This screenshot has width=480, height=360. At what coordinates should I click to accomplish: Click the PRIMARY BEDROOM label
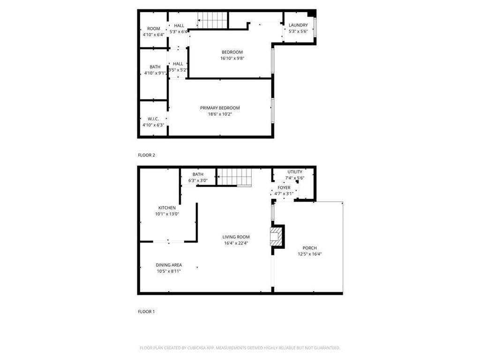[x=220, y=108]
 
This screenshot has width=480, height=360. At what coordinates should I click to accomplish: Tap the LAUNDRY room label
[x=298, y=25]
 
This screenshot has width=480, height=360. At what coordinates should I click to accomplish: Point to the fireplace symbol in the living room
[x=277, y=237]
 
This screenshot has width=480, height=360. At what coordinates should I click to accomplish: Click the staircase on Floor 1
[x=234, y=178]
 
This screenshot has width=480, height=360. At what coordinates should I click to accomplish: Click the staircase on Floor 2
[x=212, y=20]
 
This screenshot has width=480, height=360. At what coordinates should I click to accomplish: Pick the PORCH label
[x=309, y=248]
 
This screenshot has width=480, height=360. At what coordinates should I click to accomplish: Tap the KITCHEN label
[x=167, y=208]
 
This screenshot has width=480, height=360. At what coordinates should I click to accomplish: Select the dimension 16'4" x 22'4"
[x=236, y=243]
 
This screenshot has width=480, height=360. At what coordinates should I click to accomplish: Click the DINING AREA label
[x=169, y=265]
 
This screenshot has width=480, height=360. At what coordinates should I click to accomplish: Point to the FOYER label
[x=284, y=187]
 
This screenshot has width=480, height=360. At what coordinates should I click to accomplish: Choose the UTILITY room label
[x=295, y=172]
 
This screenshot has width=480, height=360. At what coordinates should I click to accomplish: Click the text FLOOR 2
[x=146, y=155]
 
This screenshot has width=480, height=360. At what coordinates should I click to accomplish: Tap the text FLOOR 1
[x=146, y=311]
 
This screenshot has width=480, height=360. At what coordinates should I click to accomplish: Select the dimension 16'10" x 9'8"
[x=232, y=58]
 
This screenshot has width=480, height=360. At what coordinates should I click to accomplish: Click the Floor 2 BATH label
[x=155, y=67]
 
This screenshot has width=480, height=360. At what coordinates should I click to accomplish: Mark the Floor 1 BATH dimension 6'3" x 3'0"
[x=198, y=180]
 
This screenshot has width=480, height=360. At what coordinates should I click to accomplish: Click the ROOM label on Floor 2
[x=154, y=29]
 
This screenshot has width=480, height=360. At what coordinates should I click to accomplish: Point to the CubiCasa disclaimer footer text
[x=240, y=348]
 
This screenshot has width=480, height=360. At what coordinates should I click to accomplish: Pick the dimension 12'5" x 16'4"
[x=309, y=254]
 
